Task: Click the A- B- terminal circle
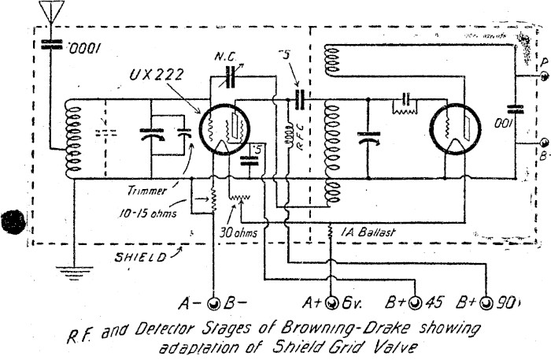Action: point(213,302)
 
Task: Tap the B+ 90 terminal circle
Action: point(487,302)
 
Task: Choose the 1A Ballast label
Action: point(369,232)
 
